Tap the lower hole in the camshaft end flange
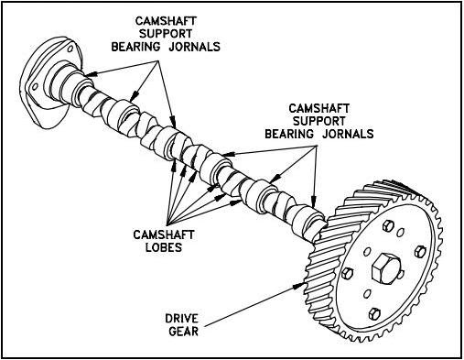click(38, 88)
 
